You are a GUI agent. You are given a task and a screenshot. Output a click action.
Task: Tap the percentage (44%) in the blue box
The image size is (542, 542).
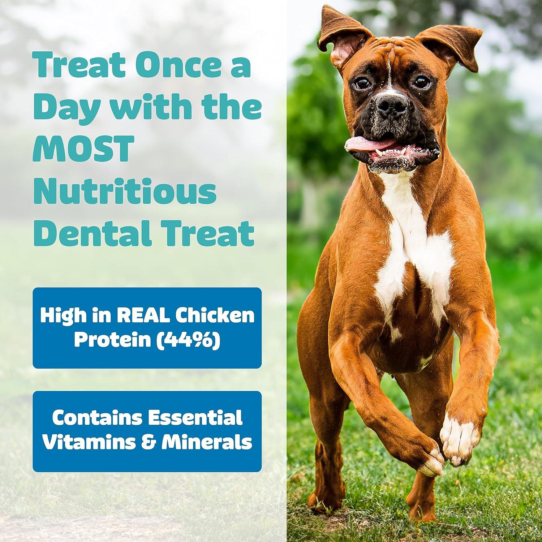[x=192, y=341]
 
